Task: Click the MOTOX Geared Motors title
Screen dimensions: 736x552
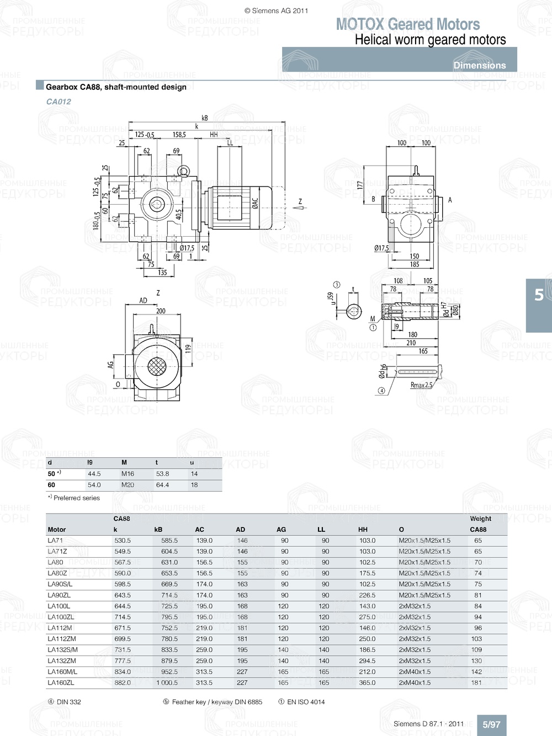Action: [407, 24]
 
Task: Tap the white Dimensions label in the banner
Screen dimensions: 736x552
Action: [479, 65]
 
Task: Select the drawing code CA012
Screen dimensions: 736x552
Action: [59, 102]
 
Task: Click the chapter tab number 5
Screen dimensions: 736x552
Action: [539, 295]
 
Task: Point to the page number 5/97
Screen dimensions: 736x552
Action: [491, 724]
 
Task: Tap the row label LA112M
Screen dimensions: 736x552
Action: [60, 628]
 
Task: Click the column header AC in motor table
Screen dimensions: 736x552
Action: [199, 529]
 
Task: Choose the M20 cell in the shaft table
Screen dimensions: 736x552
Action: [128, 485]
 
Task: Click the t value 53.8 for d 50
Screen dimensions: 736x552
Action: [162, 473]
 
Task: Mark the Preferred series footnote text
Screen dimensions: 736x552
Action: [76, 498]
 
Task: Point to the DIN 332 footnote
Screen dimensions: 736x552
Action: [68, 702]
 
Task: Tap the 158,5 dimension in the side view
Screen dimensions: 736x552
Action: [179, 135]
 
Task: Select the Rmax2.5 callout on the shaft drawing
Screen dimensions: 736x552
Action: [421, 385]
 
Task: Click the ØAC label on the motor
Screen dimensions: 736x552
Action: [255, 204]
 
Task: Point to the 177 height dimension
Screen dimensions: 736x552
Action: [360, 185]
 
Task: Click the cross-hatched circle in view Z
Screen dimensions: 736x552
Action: [157, 365]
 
